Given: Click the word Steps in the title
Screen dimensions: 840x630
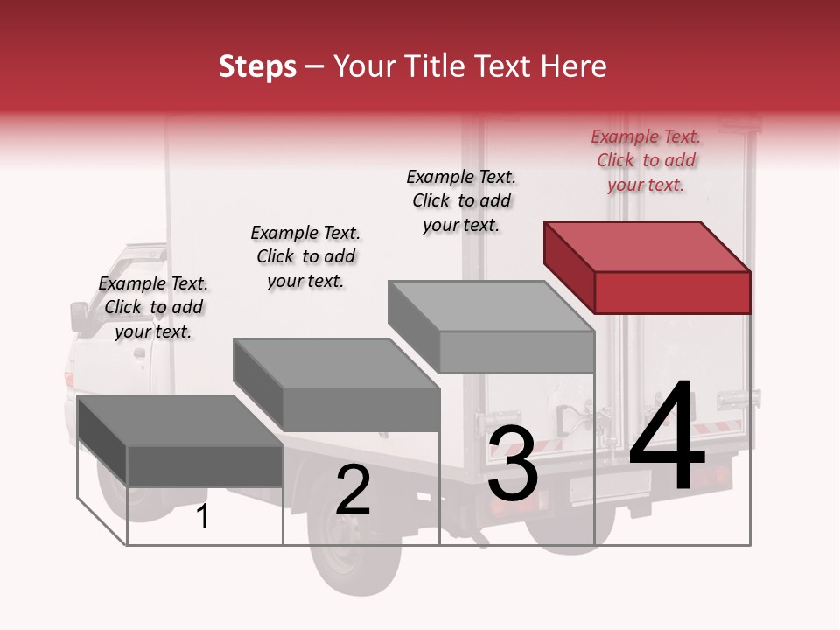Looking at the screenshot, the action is coord(257,66).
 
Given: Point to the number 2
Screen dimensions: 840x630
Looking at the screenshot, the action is coord(353,490).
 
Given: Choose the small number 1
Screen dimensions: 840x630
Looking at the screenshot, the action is coord(203,517).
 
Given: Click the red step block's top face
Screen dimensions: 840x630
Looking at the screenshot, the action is coord(647,246).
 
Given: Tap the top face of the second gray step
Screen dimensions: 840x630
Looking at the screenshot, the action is coord(337,363).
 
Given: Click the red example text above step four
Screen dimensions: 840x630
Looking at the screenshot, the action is coord(646,160).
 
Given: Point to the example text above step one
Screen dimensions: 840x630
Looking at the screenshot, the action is coord(153,307).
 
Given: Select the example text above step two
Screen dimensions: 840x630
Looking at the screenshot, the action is coord(305,256).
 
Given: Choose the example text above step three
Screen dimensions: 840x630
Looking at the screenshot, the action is coord(461,200).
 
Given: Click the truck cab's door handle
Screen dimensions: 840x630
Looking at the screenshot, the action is coord(139,353).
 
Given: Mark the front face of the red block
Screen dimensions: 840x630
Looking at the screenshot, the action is coord(672,292).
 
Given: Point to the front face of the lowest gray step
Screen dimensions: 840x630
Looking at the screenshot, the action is coord(205,465).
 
